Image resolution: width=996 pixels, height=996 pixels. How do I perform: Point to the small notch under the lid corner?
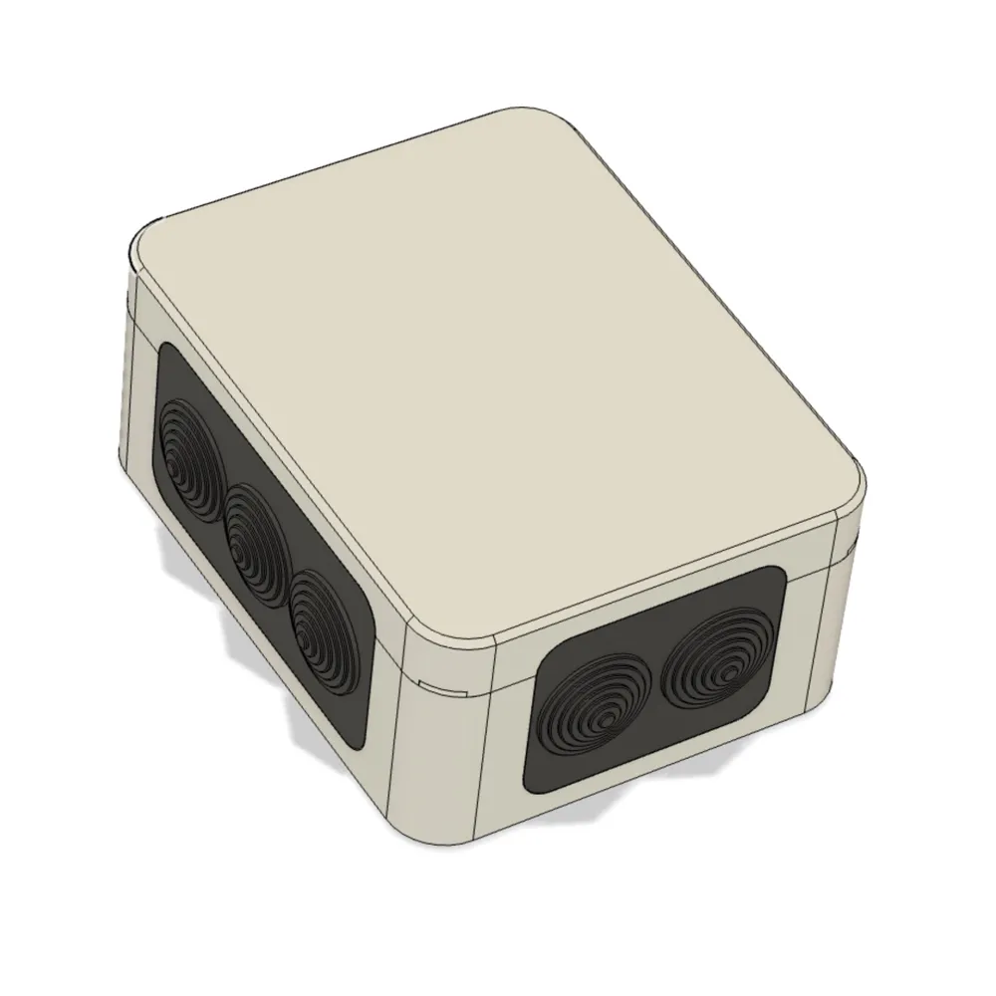(x=445, y=686)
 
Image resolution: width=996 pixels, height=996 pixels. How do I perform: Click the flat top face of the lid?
(x=498, y=378)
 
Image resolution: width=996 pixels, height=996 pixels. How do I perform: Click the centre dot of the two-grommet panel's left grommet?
(x=604, y=719)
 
